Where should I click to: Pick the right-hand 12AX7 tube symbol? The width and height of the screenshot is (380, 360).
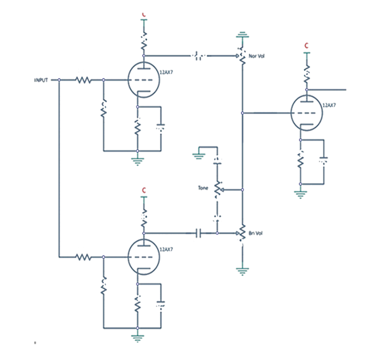(308, 114)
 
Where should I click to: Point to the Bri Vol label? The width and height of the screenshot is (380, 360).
(256, 233)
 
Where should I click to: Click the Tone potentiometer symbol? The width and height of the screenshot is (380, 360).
(217, 189)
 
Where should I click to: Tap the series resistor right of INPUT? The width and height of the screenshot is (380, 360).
(82, 80)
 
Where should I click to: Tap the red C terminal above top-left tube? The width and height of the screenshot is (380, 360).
(144, 14)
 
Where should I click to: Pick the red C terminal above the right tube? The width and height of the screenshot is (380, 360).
(307, 46)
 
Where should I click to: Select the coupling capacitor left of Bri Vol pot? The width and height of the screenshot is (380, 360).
(199, 233)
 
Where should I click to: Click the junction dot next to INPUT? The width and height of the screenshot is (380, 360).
(59, 80)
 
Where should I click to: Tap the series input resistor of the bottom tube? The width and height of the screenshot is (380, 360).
(82, 257)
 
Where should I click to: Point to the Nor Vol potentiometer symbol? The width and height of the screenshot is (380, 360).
(242, 56)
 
